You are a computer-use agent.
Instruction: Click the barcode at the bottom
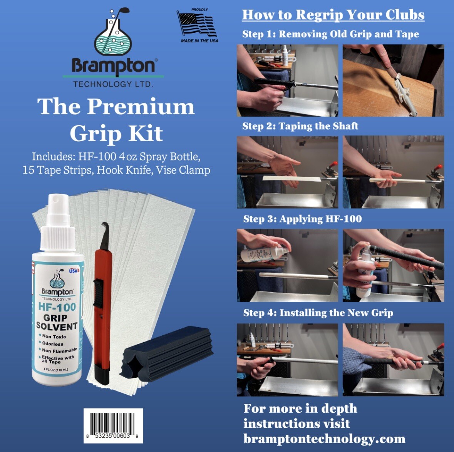113,424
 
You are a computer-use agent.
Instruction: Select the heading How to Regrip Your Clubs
333,15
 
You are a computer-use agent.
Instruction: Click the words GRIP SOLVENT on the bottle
57,322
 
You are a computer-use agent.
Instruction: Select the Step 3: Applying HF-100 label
302,219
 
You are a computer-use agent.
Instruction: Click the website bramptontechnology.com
324,439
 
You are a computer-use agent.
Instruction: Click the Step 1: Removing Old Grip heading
330,34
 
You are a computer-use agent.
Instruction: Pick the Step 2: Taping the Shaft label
300,126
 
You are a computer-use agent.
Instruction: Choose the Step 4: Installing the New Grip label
318,313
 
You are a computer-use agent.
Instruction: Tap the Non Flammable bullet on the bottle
59,350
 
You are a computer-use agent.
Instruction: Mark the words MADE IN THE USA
199,41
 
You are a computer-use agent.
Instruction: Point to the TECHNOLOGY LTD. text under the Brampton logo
113,84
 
